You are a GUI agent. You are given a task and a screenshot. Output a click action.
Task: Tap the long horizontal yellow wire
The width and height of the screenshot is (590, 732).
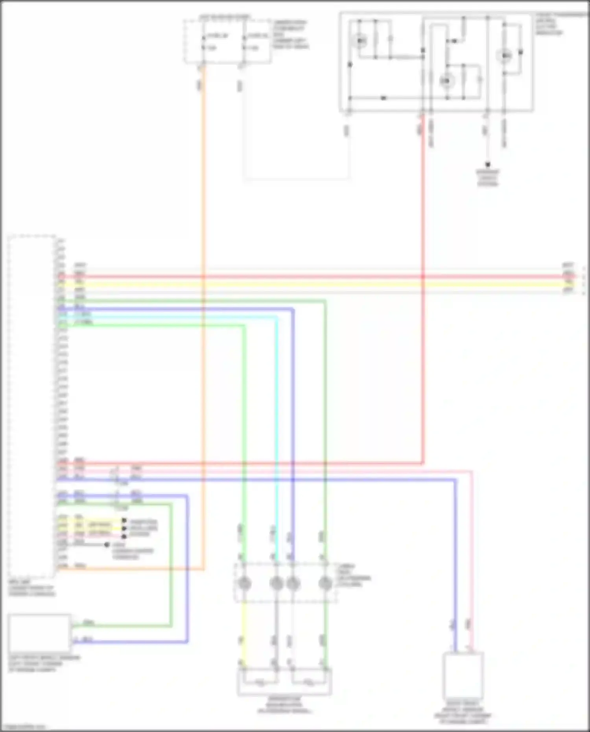coord(315,284)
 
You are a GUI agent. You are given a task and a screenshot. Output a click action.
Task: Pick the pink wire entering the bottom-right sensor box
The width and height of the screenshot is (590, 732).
coord(472,590)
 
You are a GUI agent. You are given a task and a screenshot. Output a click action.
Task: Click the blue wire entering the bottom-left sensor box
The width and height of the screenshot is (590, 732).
coord(130,642)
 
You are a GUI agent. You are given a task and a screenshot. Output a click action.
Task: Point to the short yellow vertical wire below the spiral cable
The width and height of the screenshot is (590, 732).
coord(244,629)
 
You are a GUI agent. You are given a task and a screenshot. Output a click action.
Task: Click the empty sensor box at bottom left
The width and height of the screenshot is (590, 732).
coord(39,633)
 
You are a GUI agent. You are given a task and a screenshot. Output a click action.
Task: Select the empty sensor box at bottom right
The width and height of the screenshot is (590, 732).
coord(463,675)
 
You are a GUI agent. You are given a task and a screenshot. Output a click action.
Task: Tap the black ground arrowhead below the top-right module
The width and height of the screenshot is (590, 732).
coord(488,165)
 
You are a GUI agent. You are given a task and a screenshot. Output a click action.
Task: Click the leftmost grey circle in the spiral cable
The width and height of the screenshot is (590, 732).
coord(245,583)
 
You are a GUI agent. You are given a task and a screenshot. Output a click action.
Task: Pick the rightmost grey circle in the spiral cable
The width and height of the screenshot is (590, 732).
coord(325,583)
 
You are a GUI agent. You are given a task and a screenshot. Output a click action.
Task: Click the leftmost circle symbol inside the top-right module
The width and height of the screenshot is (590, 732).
coord(360,41)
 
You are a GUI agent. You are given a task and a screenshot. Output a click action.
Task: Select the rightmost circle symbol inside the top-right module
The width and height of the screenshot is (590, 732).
coord(505,56)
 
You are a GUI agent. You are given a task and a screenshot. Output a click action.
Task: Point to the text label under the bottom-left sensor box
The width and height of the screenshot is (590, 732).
coord(43,664)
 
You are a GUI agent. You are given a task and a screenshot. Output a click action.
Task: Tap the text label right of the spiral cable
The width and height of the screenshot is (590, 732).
coord(353,575)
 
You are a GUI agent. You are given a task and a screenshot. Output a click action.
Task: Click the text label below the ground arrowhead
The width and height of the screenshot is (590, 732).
coord(488,178)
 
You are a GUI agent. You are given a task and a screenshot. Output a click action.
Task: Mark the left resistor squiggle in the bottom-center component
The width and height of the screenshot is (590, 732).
coord(260,683)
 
